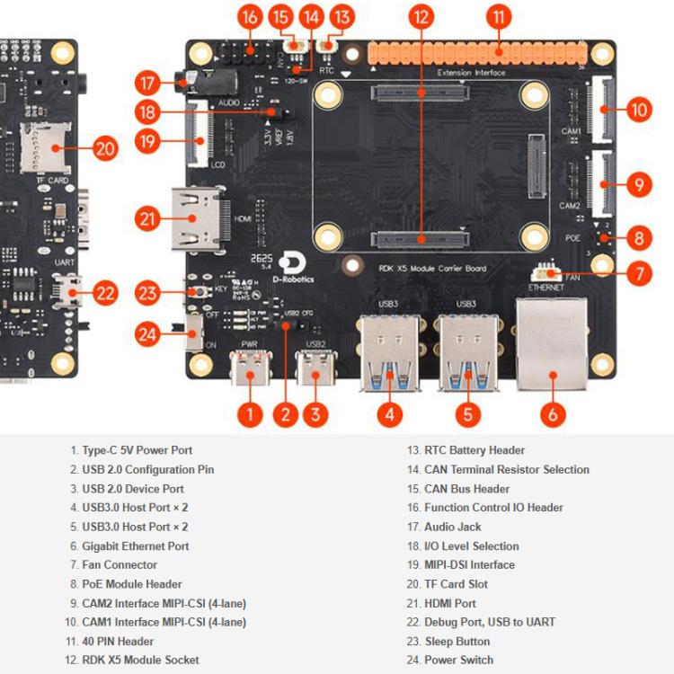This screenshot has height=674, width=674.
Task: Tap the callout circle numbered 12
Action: click(420, 16)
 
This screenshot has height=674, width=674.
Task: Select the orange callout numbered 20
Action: click(105, 148)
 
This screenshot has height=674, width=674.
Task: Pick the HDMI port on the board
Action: click(198, 218)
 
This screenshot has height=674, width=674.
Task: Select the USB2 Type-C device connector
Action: click(315, 368)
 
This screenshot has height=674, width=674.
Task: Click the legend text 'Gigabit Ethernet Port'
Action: click(135, 545)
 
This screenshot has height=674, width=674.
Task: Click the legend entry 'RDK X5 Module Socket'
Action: click(140, 660)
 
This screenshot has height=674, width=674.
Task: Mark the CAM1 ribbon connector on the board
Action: click(600, 110)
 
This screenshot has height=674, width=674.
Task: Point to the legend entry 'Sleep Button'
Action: click(457, 641)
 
